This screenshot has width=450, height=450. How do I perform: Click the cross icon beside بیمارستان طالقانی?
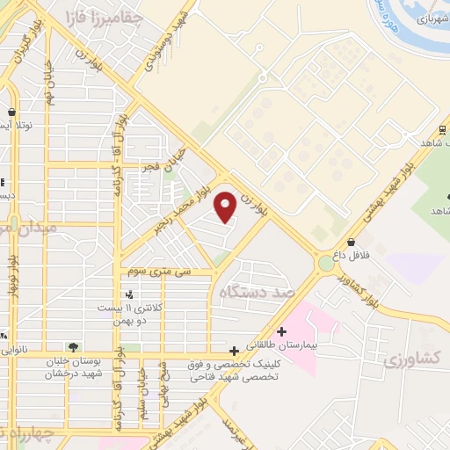tap(280, 331)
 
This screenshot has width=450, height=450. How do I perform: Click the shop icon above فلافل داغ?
tap(352, 243)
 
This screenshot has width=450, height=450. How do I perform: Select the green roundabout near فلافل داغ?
tap(327, 262)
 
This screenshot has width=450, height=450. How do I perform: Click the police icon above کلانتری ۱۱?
tap(130, 294)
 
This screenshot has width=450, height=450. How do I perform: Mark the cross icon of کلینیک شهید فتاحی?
tap(233, 349)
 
